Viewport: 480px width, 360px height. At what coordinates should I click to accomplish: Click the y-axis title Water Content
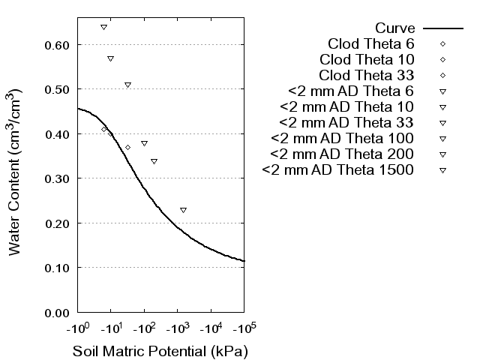(x=16, y=172)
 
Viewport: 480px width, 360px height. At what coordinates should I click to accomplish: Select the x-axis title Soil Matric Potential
(x=160, y=351)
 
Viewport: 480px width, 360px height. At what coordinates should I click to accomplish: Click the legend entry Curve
(x=395, y=28)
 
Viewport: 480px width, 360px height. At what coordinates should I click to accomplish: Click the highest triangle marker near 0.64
(x=103, y=27)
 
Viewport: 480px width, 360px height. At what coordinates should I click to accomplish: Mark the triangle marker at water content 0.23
(x=183, y=210)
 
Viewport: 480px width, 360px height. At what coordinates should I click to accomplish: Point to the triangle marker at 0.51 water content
(x=127, y=85)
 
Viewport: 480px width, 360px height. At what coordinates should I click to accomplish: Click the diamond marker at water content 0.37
(x=127, y=147)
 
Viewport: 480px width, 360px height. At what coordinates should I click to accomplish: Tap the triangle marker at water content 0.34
(x=154, y=161)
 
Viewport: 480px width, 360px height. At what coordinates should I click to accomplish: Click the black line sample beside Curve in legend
(x=443, y=28)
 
